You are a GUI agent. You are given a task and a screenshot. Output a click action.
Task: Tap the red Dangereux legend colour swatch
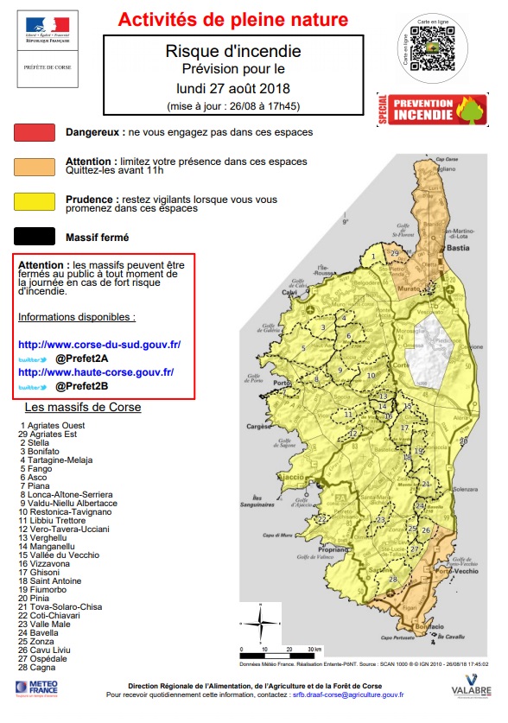coord(36,132)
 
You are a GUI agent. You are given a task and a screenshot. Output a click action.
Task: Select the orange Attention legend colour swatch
coord(36,166)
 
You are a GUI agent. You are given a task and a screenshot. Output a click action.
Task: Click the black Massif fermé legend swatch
coord(36,235)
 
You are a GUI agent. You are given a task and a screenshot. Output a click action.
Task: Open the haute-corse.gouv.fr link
coord(95,372)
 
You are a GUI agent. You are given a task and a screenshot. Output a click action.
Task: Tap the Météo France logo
coord(35,687)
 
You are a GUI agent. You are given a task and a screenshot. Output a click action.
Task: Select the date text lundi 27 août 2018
coord(233,87)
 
